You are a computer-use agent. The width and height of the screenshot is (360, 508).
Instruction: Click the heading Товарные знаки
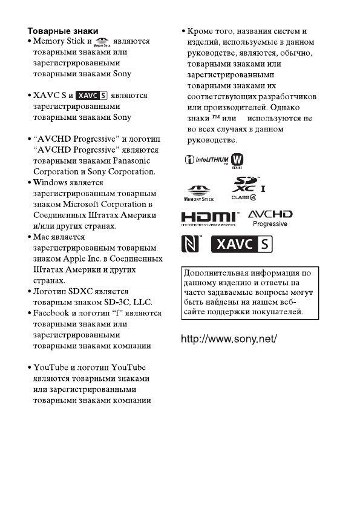[x=63, y=30]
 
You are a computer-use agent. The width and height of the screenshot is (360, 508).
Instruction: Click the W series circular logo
[x=246, y=160]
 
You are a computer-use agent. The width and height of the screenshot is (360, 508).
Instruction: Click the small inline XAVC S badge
[x=92, y=96]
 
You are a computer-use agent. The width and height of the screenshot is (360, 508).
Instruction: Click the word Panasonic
[x=132, y=161]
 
